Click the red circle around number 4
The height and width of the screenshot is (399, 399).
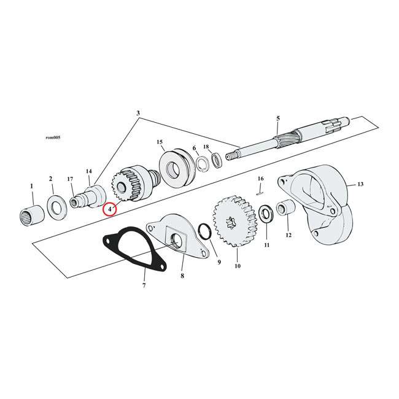[x=109, y=209]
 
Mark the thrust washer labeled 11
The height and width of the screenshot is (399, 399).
[x=267, y=214]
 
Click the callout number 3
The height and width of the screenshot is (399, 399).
[x=138, y=113]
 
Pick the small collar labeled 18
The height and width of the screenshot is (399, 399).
[x=217, y=161]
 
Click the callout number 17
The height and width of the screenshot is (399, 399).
[x=71, y=179]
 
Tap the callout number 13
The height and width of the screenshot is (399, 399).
[x=360, y=184]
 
